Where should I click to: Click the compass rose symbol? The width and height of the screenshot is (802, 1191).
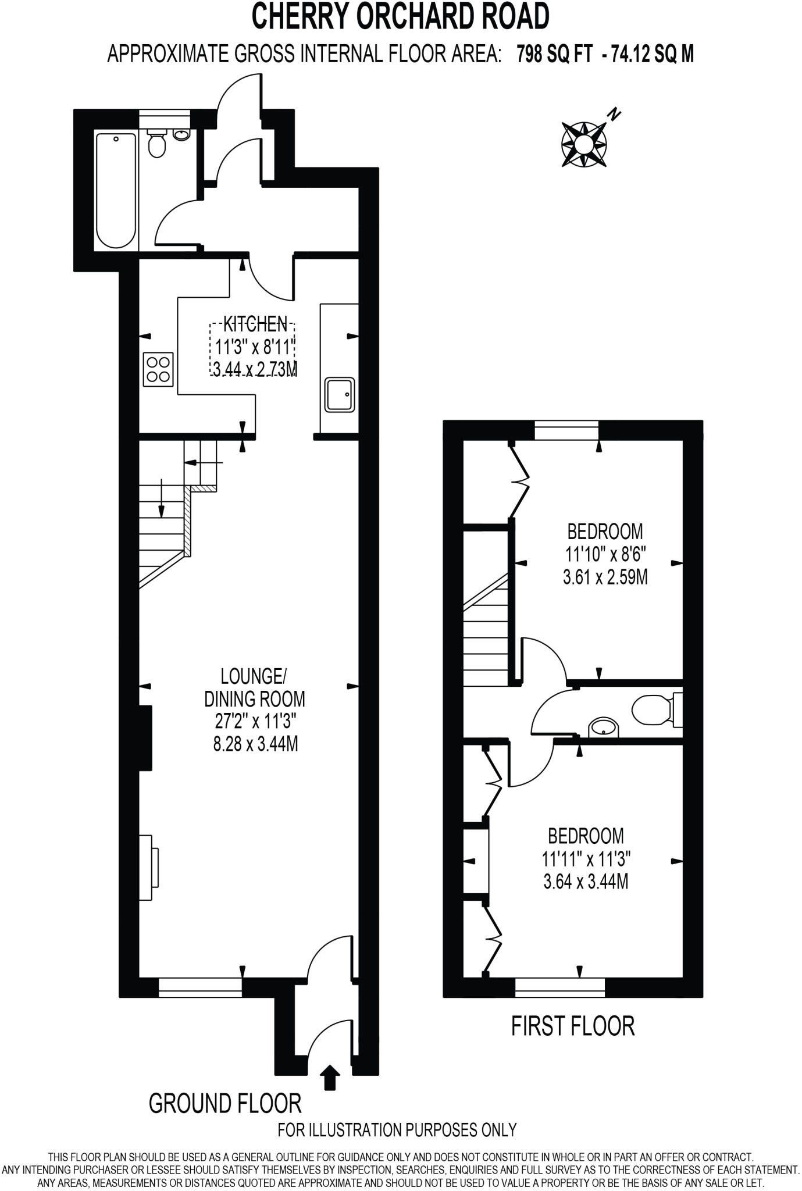tap(584, 143)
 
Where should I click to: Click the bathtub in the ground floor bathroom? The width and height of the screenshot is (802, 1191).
tap(116, 190)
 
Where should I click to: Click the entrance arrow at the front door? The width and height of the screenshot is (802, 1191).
tap(330, 1075)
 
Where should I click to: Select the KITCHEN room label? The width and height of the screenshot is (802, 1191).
tap(255, 323)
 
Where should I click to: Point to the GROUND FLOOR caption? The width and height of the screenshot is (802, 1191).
tap(225, 1103)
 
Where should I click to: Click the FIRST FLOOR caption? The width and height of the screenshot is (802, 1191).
tap(572, 1026)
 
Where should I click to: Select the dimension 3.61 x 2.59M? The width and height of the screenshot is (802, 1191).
tap(605, 577)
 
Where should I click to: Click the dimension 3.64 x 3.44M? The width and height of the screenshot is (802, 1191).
tap(586, 882)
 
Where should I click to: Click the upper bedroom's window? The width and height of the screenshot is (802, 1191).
tap(566, 431)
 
